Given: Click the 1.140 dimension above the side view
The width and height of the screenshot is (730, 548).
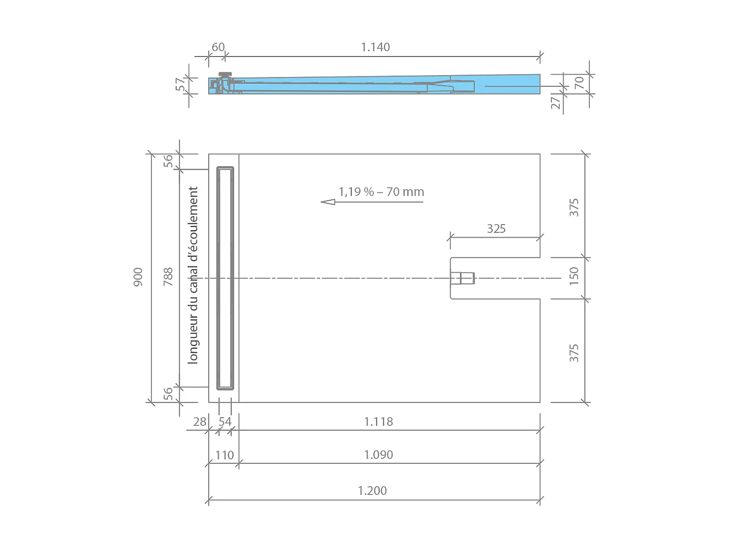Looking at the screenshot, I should (x=375, y=47).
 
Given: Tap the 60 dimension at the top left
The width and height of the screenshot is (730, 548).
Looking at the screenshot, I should (x=218, y=47).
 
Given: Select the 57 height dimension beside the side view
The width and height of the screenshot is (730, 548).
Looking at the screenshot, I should (x=181, y=84).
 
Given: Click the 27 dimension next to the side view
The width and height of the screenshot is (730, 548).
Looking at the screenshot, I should (x=555, y=103).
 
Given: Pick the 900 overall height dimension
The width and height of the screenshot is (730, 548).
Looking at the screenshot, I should (x=138, y=277).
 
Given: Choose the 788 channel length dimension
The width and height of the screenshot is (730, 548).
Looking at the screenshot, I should (x=168, y=277).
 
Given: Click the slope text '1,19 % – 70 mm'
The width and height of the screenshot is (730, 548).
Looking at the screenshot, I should (x=381, y=192).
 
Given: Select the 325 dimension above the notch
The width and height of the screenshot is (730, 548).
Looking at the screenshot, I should (x=496, y=229).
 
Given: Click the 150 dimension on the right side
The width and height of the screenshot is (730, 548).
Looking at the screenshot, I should (x=574, y=276).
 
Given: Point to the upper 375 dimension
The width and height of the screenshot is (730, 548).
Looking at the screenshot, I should (x=574, y=208).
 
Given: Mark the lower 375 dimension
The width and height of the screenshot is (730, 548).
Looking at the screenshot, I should (x=574, y=353).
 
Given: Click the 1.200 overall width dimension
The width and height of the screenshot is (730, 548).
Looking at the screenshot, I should (x=372, y=491).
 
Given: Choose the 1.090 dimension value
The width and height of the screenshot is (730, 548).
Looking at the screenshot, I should (x=378, y=454).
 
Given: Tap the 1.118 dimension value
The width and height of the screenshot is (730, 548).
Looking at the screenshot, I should (x=378, y=421).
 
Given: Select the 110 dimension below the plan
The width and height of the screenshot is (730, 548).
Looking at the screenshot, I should (x=224, y=455).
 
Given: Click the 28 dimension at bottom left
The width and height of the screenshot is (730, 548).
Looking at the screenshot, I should (x=200, y=422).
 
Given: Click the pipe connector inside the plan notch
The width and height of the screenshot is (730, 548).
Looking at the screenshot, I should (x=462, y=278).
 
